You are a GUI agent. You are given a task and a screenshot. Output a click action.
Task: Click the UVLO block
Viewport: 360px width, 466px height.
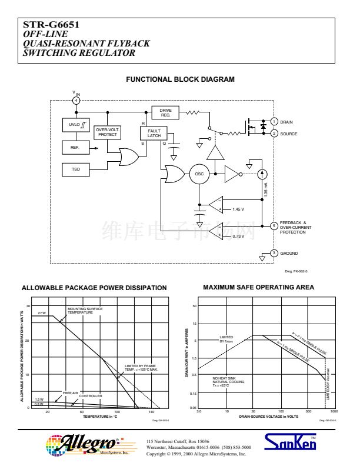pyautogui.click(x=75, y=125)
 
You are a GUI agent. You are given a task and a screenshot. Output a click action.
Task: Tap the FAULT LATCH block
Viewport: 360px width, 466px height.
pyautogui.click(x=154, y=133)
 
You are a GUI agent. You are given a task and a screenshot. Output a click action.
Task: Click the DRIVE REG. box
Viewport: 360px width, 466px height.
pyautogui.click(x=165, y=112)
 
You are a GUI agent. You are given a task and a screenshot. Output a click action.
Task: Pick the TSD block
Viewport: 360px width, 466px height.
pyautogui.click(x=75, y=169)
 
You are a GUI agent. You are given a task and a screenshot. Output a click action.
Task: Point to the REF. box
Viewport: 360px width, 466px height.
pyautogui.click(x=75, y=147)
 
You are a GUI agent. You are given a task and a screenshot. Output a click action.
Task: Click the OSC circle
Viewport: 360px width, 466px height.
pyautogui.click(x=199, y=174)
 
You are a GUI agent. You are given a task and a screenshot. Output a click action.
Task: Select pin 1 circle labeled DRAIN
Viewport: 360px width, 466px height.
pyautogui.click(x=274, y=122)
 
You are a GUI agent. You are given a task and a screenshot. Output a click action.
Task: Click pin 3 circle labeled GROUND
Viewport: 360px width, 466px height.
pyautogui.click(x=274, y=253)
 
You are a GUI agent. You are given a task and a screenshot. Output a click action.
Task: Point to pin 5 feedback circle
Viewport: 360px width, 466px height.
pyautogui.click(x=274, y=225)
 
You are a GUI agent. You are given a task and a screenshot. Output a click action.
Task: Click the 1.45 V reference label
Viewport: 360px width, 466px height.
pyautogui.click(x=238, y=209)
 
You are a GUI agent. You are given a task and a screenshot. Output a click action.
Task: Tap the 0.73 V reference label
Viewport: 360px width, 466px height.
pyautogui.click(x=238, y=237)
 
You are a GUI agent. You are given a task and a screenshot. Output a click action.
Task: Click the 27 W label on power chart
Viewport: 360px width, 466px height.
pyautogui.click(x=41, y=314)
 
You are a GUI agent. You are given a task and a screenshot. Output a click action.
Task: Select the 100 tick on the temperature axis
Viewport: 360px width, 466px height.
pyautogui.click(x=116, y=412)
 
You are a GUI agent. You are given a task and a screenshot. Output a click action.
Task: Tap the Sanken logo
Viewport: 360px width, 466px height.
pyautogui.click(x=291, y=443)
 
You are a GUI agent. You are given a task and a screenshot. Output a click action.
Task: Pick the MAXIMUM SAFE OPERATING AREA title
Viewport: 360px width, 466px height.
pyautogui.click(x=258, y=287)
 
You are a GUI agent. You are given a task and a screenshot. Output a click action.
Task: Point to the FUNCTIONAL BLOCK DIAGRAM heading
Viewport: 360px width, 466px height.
pyautogui.click(x=180, y=79)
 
